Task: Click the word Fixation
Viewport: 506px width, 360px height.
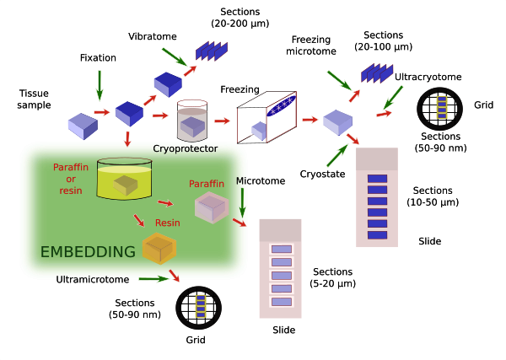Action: click(98, 58)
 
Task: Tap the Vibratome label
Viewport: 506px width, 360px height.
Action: click(153, 37)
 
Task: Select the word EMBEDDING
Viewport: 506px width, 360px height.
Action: click(89, 251)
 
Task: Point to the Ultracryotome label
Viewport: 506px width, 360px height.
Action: click(428, 77)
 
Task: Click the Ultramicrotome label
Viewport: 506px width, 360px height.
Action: click(92, 278)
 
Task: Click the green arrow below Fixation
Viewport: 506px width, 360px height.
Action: click(100, 83)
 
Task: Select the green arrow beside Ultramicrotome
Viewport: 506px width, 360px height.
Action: click(151, 277)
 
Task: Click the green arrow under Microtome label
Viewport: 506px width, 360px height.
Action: click(242, 202)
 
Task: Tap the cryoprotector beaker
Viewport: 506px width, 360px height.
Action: click(193, 121)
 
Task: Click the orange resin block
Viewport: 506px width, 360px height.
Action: click(159, 247)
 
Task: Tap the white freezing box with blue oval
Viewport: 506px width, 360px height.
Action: click(269, 120)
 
